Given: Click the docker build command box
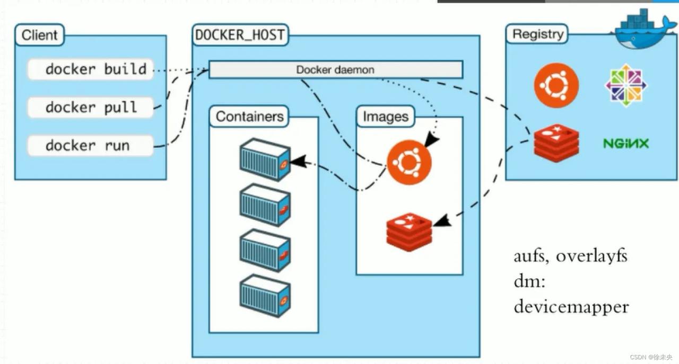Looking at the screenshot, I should tap(90, 69).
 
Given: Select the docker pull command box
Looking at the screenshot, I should tap(90, 108).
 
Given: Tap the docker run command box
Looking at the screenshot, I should tap(90, 146).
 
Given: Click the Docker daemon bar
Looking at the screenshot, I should tap(335, 69).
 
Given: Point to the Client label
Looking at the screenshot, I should tap(40, 36).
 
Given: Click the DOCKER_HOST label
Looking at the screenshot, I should tap(240, 36).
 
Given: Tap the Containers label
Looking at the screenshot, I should tap(249, 117).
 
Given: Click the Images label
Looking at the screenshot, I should tap(386, 117).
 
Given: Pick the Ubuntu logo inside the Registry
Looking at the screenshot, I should tap(556, 85).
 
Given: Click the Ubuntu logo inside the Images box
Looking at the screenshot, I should tap(409, 162).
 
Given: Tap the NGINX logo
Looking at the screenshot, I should tap(626, 143).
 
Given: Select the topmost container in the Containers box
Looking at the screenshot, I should tap(265, 159).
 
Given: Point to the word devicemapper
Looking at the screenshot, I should tap(571, 307).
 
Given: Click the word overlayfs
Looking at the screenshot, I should tap(591, 256).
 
